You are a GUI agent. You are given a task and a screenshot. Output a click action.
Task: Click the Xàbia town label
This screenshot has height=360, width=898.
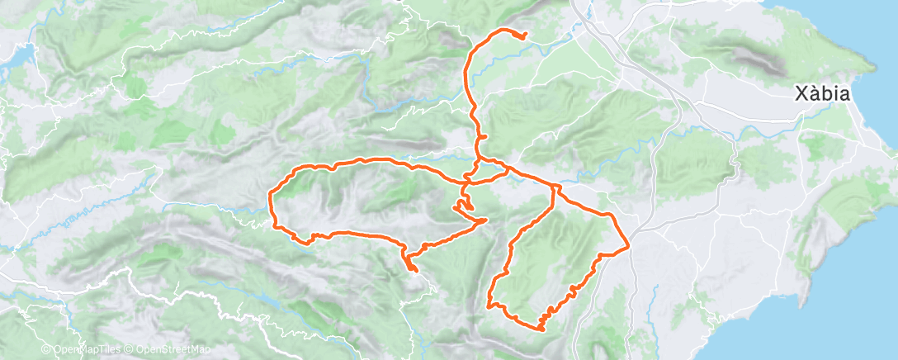point(822,93)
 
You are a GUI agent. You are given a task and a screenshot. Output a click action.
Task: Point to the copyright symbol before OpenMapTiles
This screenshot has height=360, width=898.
point(46,350)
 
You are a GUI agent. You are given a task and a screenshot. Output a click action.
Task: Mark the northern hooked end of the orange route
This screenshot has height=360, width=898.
point(524,35)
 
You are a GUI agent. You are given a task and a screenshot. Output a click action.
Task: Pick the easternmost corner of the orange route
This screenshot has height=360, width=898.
point(630,245)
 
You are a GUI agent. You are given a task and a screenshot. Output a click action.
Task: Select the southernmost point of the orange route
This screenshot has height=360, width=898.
point(541,329)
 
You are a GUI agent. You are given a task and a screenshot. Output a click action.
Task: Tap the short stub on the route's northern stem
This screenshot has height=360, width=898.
point(484,136)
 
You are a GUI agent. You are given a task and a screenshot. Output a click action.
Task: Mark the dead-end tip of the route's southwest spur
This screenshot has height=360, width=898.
point(416,270)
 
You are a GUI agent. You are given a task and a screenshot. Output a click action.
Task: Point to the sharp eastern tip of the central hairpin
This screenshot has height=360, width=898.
point(484,220)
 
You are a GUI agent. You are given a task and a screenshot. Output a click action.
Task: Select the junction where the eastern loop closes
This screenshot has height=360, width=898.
point(552,187)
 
